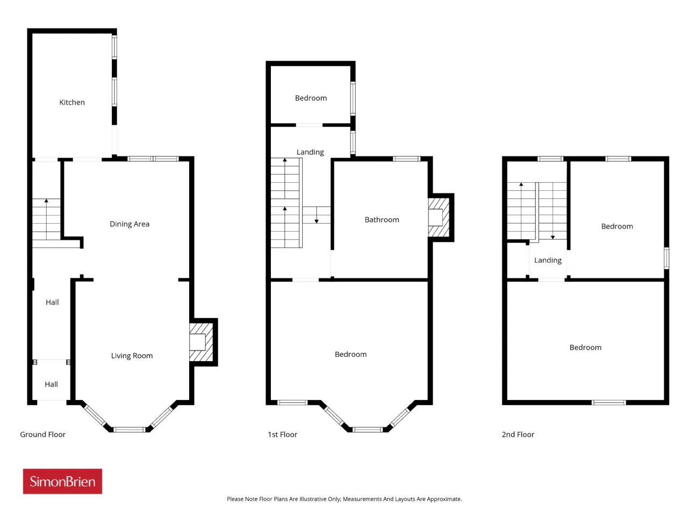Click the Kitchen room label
coord(72,102)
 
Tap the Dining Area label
coord(130,224)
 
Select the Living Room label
coord(132,356)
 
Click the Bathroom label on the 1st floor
coord(382,220)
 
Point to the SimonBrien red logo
coord(62,481)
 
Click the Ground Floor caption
coord(42,434)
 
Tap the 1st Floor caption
coord(282,434)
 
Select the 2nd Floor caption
coord(518,434)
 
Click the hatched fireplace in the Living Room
coord(201,342)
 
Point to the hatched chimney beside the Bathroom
coord(439,218)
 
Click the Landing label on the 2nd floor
coord(548,260)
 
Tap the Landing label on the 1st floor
coord(310,152)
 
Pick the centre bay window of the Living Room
coord(130,429)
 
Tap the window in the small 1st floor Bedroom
coord(353,98)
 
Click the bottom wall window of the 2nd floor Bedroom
coord(608,403)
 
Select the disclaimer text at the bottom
coord(344,499)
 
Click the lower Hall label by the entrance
coord(51,384)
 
